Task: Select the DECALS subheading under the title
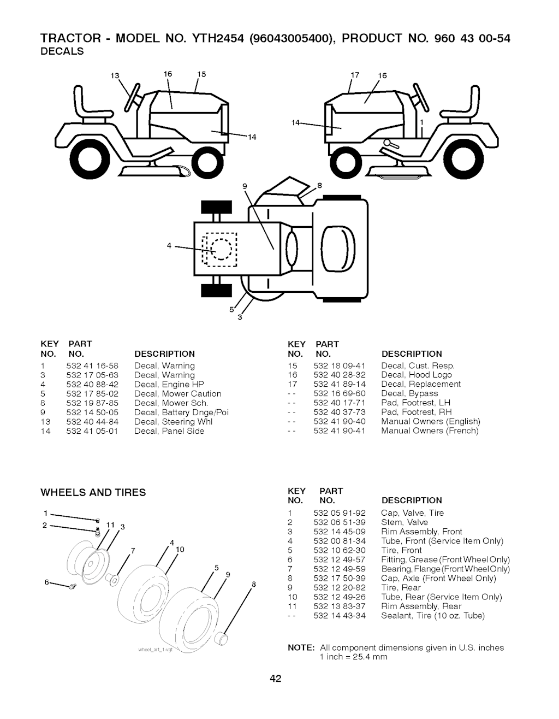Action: point(62,51)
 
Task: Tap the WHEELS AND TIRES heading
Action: point(93,492)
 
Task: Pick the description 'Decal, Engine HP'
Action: point(169,384)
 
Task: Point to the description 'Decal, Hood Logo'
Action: point(417,375)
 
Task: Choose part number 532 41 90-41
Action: point(340,431)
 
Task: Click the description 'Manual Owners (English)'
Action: point(431,421)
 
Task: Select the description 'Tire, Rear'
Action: point(401,587)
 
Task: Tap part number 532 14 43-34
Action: point(340,615)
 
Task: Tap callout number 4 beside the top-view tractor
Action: point(170,245)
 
